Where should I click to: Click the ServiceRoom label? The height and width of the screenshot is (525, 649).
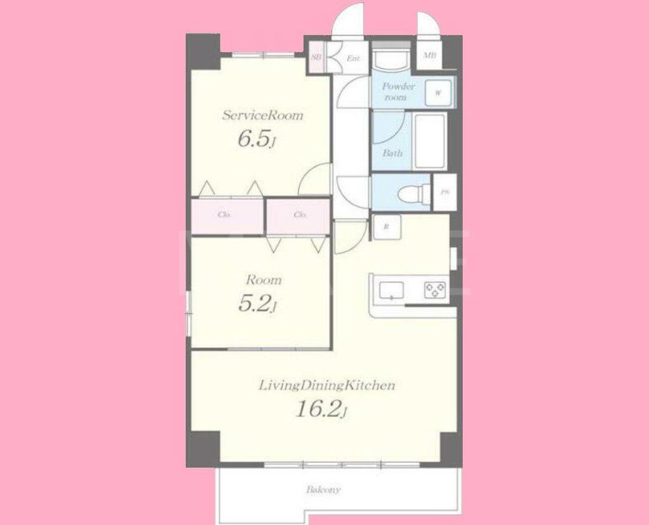tap(262, 115)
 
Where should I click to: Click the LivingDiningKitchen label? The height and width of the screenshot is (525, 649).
tap(327, 385)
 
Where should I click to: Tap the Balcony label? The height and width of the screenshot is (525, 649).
tap(324, 490)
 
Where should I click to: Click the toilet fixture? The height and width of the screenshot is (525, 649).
tap(413, 192)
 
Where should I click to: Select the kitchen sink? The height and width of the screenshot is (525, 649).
tap(392, 290)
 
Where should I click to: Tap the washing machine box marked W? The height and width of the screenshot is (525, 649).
tap(438, 92)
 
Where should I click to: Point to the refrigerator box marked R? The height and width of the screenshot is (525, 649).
tap(386, 227)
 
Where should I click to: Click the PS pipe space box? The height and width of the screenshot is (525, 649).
tap(445, 192)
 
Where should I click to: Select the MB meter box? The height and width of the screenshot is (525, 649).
tap(430, 56)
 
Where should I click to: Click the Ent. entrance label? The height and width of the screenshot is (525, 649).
tap(353, 59)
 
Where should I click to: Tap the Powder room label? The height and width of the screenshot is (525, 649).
tap(399, 92)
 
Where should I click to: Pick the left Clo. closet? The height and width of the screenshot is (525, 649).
tap(224, 215)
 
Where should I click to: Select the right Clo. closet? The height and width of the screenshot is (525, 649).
tap(300, 215)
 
